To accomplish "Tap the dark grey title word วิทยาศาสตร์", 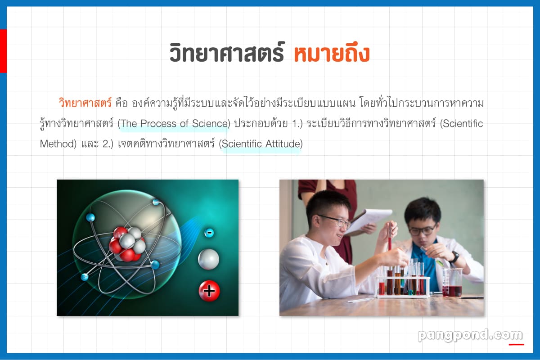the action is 227,52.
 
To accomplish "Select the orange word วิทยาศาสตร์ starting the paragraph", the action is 85,103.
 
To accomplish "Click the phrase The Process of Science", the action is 174,124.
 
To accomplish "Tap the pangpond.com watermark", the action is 470,335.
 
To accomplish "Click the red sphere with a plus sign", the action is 209,291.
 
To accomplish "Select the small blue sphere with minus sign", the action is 209,233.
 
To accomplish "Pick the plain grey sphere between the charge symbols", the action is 208,260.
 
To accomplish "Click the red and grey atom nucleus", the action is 127,244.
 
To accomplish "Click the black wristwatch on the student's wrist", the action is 454,257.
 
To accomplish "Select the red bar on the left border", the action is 4,51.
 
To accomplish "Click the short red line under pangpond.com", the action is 516,344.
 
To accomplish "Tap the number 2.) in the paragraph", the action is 108,144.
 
